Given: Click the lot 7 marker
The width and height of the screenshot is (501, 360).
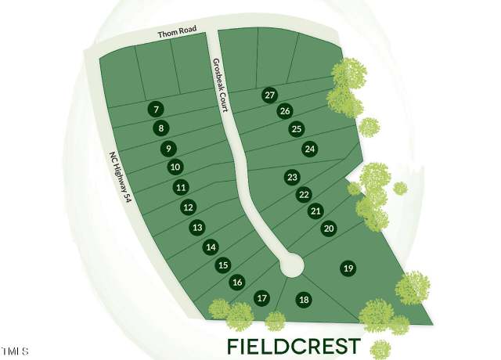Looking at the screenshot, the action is (x=156, y=110).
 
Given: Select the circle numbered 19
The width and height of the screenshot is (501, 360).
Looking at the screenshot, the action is (x=348, y=268).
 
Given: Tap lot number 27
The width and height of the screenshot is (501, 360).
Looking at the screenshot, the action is (x=269, y=95).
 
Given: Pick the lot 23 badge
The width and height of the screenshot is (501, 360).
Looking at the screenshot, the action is (x=292, y=177).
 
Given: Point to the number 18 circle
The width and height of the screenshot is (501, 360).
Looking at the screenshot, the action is (x=304, y=300).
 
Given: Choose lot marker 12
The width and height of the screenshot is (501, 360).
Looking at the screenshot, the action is (x=189, y=207).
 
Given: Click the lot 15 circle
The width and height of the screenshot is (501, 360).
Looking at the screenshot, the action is (x=223, y=265).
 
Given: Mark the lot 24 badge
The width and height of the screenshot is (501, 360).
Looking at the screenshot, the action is (x=310, y=149).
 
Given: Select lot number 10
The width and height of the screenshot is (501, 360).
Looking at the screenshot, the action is (x=175, y=167).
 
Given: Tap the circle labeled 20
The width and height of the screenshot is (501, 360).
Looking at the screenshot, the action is (x=329, y=229).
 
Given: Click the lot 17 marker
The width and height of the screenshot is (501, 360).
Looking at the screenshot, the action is (x=261, y=298).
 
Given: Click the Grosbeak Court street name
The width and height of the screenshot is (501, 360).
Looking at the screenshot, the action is (x=221, y=85).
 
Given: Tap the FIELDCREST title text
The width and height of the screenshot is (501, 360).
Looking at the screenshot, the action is (x=294, y=346).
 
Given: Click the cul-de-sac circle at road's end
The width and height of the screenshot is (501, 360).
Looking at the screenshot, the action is (x=291, y=265).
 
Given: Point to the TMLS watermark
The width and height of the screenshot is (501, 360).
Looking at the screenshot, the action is (x=14, y=351).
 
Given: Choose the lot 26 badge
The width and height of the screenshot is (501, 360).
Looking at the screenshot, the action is (x=285, y=111).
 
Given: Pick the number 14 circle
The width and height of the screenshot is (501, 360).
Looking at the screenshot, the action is (x=211, y=247).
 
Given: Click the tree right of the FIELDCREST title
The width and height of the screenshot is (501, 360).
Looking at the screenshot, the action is (x=380, y=350).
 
